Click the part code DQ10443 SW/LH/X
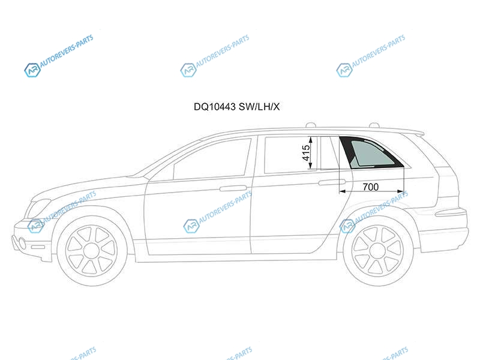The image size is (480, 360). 236,107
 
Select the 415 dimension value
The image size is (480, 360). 306,153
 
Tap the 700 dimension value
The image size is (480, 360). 370,187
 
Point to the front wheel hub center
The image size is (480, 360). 92,251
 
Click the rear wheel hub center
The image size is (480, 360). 378,251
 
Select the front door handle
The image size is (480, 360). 233,188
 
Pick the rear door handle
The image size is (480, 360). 332,182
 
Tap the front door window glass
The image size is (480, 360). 212,159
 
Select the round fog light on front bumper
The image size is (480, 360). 22,242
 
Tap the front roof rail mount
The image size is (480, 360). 311,125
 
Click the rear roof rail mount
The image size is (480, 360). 374,125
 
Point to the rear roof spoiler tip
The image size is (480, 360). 424,133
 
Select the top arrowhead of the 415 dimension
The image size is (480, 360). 311,140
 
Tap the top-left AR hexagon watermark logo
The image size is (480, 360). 32,70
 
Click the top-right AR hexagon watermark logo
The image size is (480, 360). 344,70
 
